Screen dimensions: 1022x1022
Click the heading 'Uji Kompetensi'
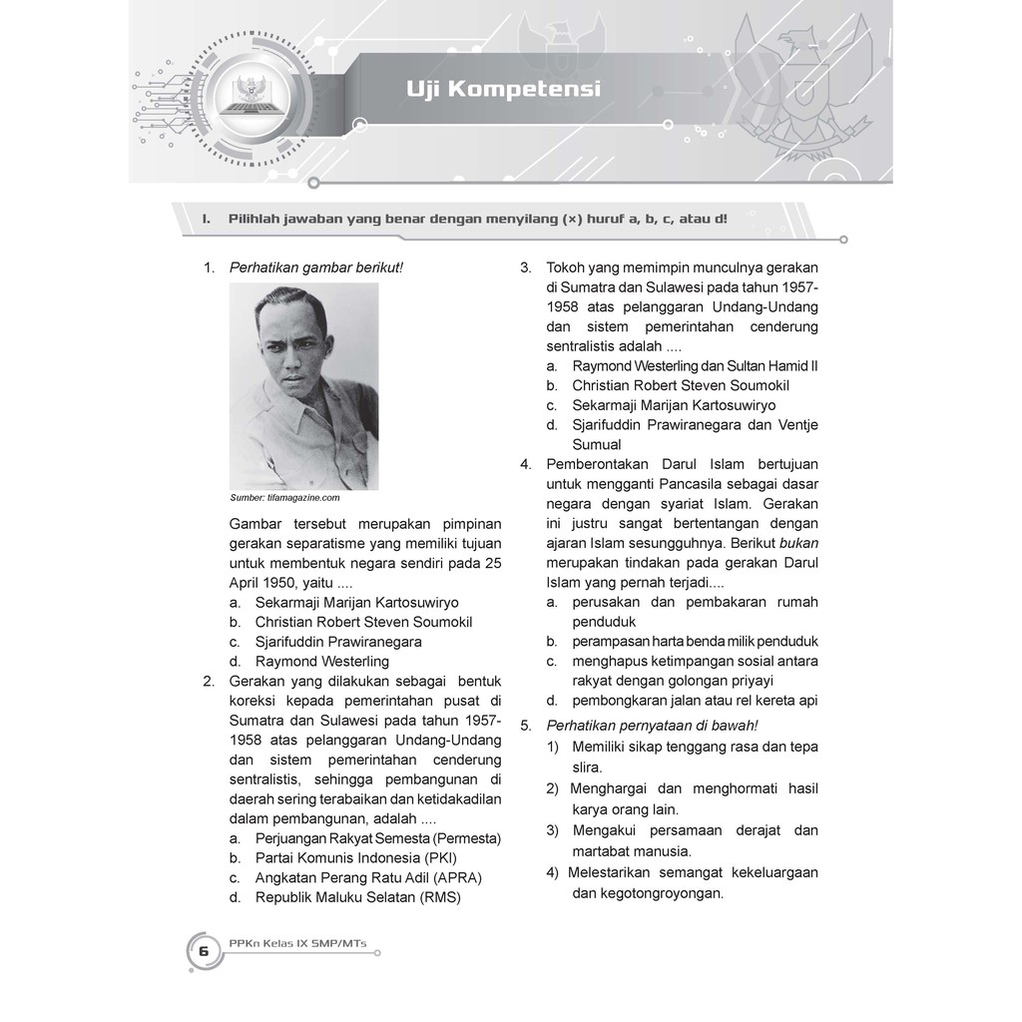coord(503,90)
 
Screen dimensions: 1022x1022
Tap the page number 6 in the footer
coord(204,951)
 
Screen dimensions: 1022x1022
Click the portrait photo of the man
coord(303,385)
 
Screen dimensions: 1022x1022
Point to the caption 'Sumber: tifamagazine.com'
coord(285,497)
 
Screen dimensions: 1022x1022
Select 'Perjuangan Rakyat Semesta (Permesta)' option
coord(377,837)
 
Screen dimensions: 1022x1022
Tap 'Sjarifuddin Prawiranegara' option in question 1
coord(338,642)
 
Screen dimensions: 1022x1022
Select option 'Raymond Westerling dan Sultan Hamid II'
coord(695,366)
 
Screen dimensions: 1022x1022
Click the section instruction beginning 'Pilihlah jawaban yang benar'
coord(477,218)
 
